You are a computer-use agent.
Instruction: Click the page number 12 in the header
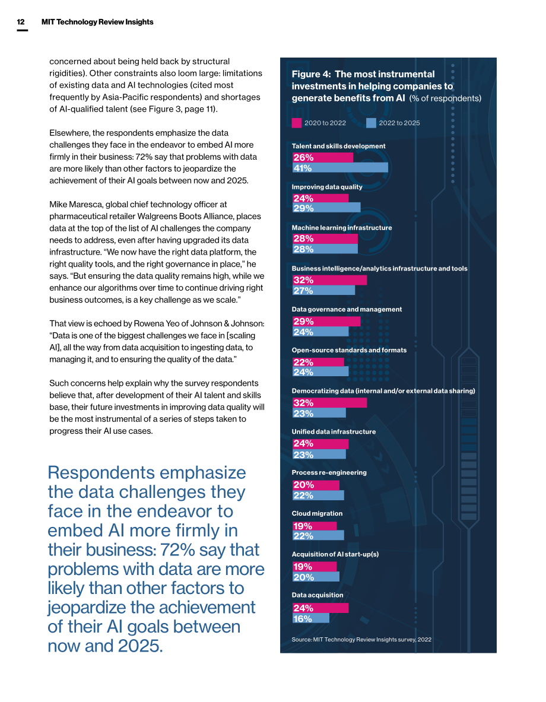[21, 22]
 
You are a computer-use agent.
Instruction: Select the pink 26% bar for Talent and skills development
[322, 158]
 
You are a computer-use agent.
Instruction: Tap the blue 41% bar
[340, 168]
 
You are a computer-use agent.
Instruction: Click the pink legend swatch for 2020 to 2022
[297, 123]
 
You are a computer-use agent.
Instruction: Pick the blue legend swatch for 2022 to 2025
[371, 123]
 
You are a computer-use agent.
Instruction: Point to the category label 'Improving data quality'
[327, 187]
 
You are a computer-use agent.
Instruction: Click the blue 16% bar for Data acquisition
[310, 619]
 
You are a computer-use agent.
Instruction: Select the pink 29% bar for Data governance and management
[326, 322]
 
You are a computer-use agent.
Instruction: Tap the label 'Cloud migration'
[317, 513]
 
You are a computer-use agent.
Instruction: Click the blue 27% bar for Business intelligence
[323, 291]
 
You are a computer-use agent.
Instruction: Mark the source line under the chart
[361, 639]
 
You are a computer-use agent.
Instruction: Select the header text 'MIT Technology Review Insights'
[97, 22]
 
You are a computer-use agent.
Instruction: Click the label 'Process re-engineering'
[329, 473]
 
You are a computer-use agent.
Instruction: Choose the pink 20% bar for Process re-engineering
[316, 485]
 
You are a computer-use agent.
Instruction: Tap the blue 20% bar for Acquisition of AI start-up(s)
[316, 577]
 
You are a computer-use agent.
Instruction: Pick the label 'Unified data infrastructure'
[334, 431]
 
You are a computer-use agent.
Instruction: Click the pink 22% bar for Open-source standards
[318, 362]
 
